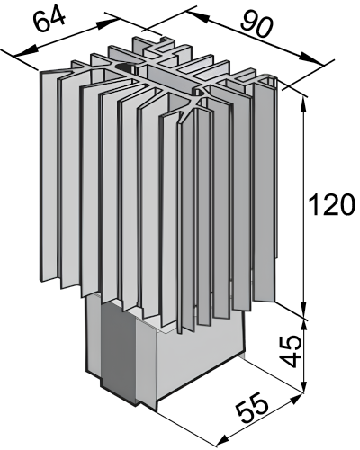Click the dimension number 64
pyautogui.click(x=49, y=21)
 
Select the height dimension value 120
pyautogui.click(x=332, y=205)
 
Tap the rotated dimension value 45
pyautogui.click(x=292, y=351)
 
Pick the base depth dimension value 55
pyautogui.click(x=251, y=407)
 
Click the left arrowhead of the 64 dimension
pyautogui.click(x=25, y=51)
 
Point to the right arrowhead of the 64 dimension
pyautogui.click(x=107, y=24)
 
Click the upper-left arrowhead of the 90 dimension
pyautogui.click(x=197, y=16)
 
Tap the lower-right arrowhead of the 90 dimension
pyautogui.click(x=312, y=59)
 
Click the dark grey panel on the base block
pyautogui.click(x=118, y=353)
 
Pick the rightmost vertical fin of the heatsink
pyautogui.click(x=265, y=189)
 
